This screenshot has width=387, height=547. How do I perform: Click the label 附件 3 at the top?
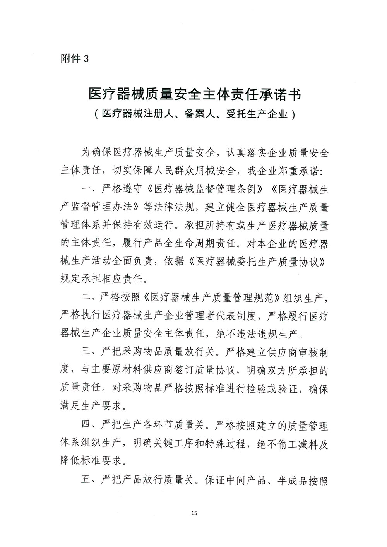tap(75, 59)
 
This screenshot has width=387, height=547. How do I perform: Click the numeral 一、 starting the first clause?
tap(90, 189)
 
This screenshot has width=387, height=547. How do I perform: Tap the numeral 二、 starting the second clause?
tap(90, 297)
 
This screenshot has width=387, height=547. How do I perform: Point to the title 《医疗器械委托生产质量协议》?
tap(259, 262)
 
